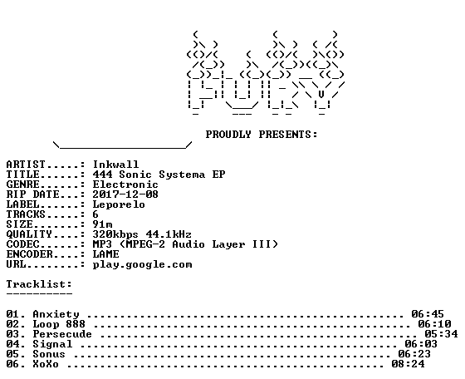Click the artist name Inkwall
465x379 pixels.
click(115, 165)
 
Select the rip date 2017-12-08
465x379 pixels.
click(125, 194)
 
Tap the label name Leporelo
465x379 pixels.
click(119, 204)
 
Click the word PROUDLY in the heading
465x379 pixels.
click(228, 135)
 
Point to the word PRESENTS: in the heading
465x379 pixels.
click(288, 135)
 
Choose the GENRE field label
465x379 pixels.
click(23, 185)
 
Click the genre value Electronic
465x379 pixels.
click(125, 185)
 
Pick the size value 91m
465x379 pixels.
click(103, 224)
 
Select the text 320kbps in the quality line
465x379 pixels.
click(115, 234)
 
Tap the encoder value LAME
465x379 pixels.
click(106, 254)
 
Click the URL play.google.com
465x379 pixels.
click(142, 264)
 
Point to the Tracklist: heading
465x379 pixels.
click(39, 284)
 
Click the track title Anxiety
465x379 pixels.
click(56, 314)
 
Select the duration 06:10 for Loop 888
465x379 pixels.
click(434, 324)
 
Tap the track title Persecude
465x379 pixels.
click(62, 334)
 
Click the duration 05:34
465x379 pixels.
click(441, 334)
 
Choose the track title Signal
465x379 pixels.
click(52, 344)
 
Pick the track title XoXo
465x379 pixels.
click(46, 364)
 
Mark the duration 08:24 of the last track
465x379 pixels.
click(408, 364)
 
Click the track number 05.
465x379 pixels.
click(13, 354)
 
